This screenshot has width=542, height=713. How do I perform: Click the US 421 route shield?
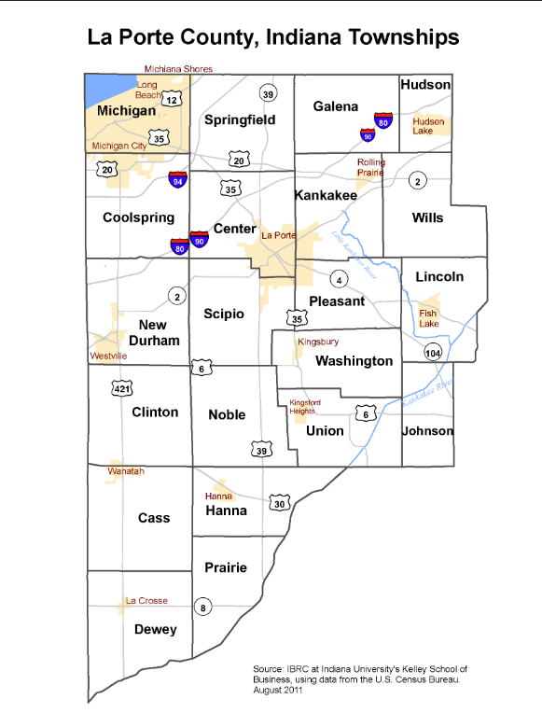[121, 388]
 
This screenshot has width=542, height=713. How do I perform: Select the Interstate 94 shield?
[177, 179]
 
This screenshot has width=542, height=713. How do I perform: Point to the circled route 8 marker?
[204, 609]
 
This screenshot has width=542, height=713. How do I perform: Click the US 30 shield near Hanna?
[279, 503]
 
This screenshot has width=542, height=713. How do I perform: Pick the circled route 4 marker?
[340, 279]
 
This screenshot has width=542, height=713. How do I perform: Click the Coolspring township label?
[140, 218]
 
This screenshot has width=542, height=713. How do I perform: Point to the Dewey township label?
[155, 630]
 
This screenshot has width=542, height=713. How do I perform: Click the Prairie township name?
[226, 567]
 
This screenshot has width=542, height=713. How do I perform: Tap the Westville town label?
[108, 356]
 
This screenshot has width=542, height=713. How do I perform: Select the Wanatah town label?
[126, 471]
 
